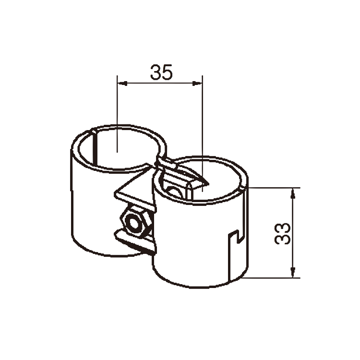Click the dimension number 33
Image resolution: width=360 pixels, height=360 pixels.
282,233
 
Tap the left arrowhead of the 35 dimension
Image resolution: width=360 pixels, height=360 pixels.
122,83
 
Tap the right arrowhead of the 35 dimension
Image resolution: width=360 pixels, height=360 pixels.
197,83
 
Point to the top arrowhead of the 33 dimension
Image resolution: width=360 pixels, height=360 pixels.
293,193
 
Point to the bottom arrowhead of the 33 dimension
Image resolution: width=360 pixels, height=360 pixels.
293,272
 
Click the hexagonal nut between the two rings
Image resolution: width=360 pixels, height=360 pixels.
135,221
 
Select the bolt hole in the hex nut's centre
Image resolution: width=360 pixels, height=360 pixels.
133,222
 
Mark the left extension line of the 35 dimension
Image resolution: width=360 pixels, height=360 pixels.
117,114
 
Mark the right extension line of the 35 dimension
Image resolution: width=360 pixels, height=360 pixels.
202,133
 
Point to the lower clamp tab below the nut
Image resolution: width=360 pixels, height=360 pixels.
135,242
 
